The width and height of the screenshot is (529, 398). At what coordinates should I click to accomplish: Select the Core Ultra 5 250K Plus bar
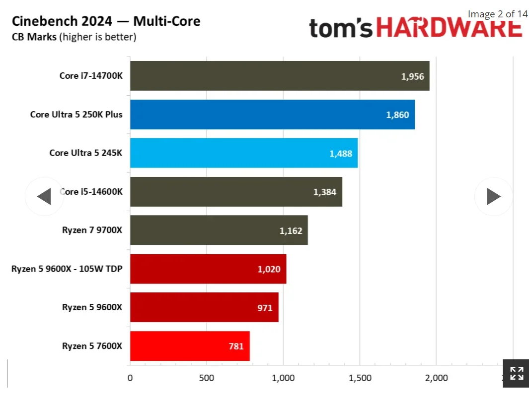[272, 114]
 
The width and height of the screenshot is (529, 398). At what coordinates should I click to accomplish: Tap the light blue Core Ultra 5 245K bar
[243, 153]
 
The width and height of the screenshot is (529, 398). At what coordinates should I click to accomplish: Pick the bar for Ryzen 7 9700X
[219, 230]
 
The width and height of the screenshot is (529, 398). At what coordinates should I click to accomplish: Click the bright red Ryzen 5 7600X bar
[189, 346]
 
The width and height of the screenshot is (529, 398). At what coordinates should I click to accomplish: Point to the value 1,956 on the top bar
[412, 76]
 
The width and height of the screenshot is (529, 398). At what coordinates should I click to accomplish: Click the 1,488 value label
[341, 154]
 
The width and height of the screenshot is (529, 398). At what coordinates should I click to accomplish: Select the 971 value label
[265, 308]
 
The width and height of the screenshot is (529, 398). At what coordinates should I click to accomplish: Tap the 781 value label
[236, 346]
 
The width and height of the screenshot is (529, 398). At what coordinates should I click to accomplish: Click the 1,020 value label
[269, 269]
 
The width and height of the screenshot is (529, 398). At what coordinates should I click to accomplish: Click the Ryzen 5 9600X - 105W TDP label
[67, 269]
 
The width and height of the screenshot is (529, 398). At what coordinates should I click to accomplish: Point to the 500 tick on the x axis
[207, 378]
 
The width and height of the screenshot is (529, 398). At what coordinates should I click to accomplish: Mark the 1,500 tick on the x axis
[360, 378]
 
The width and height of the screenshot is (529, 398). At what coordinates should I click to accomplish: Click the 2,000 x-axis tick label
[437, 378]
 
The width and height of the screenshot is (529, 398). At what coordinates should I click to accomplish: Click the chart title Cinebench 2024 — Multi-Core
[106, 21]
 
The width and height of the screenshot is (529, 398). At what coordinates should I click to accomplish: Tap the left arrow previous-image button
[44, 197]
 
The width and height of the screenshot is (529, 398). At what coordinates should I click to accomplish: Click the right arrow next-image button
[493, 197]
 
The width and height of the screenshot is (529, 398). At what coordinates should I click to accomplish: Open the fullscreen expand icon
[516, 373]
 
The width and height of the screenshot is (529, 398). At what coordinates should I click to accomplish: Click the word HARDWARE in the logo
[449, 28]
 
